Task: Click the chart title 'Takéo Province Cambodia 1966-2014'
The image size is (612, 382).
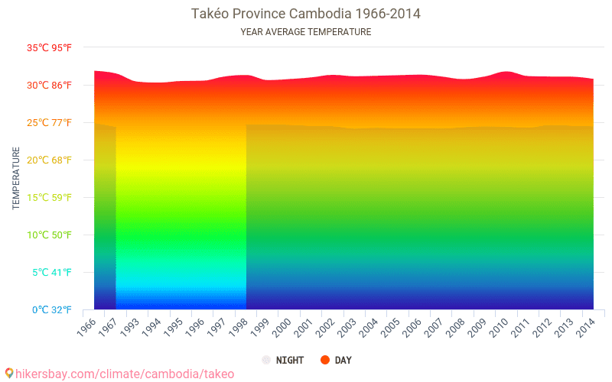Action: (306, 14)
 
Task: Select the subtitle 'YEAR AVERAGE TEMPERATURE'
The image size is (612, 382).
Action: (306, 32)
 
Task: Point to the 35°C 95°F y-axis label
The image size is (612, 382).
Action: (50, 47)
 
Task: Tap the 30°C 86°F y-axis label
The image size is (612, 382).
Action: (50, 85)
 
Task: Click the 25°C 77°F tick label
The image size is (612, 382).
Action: (50, 122)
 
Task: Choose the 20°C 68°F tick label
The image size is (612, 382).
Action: (50, 160)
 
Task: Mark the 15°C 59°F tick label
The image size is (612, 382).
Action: (50, 197)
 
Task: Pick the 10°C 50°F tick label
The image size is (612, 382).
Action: (50, 235)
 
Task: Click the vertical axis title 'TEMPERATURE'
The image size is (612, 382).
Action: (16, 178)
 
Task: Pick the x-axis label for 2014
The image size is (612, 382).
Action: (586, 326)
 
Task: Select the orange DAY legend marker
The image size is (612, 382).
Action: (325, 360)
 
